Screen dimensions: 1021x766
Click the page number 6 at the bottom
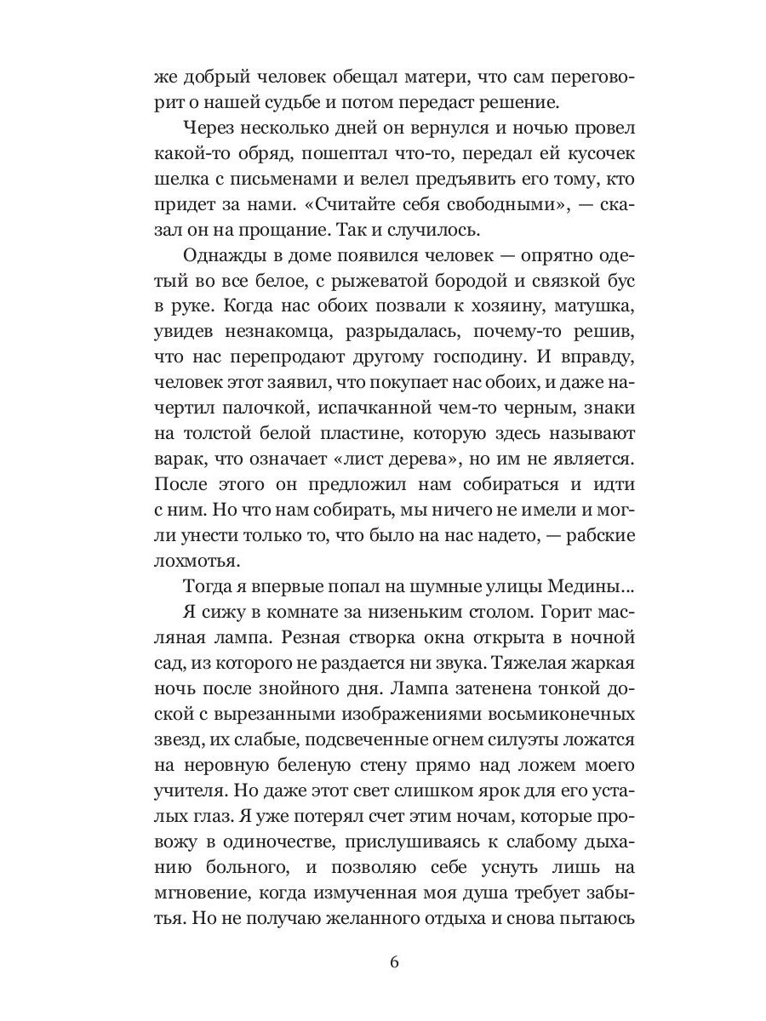click(x=393, y=962)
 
